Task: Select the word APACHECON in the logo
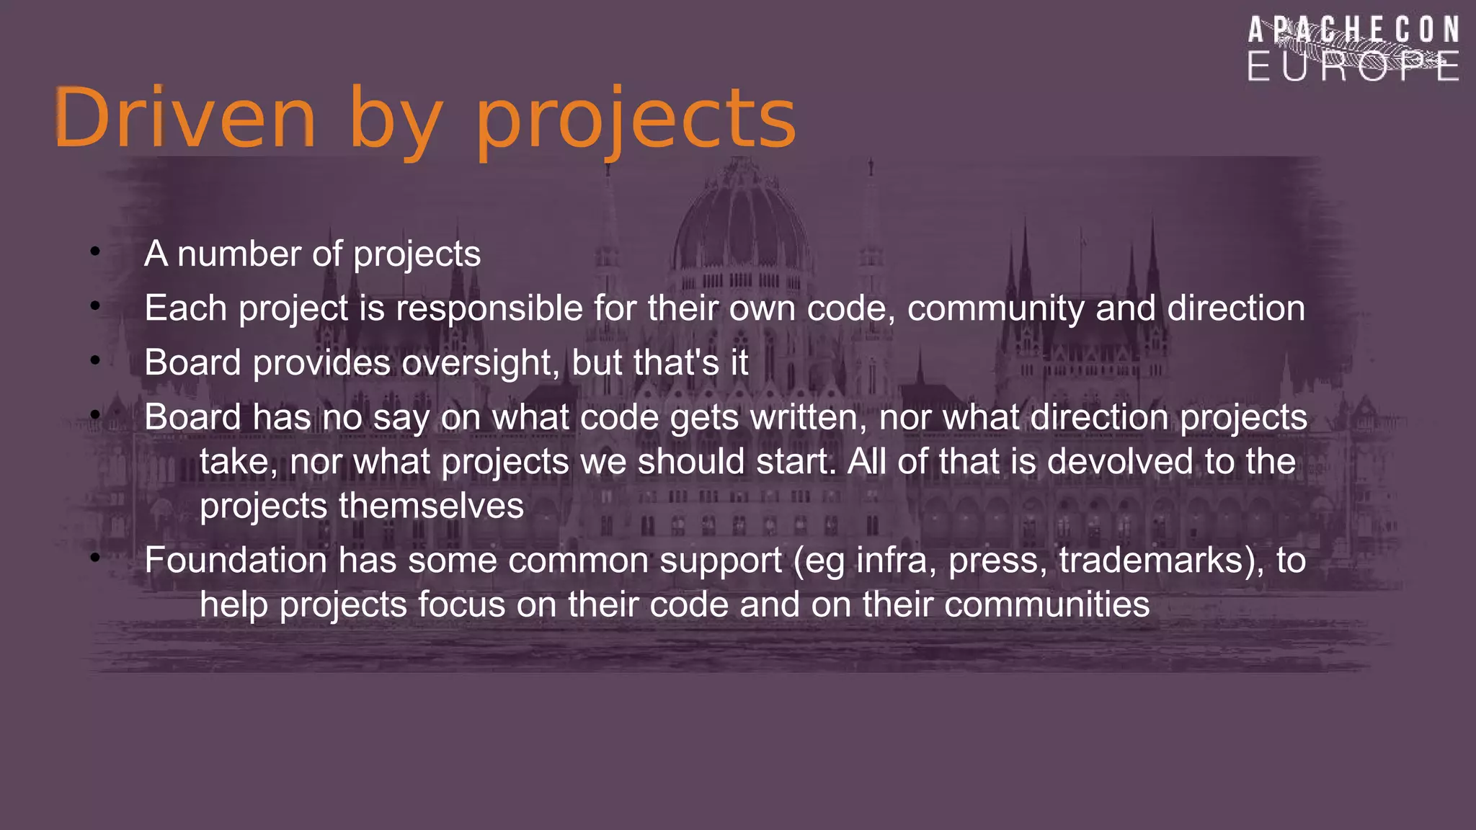point(1353,31)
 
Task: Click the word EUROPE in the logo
point(1353,66)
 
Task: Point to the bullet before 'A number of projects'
point(95,251)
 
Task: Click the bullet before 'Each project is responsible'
point(95,305)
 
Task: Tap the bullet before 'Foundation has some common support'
point(95,558)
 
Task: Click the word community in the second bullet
point(996,308)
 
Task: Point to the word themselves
point(431,506)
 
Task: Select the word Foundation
point(236,561)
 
